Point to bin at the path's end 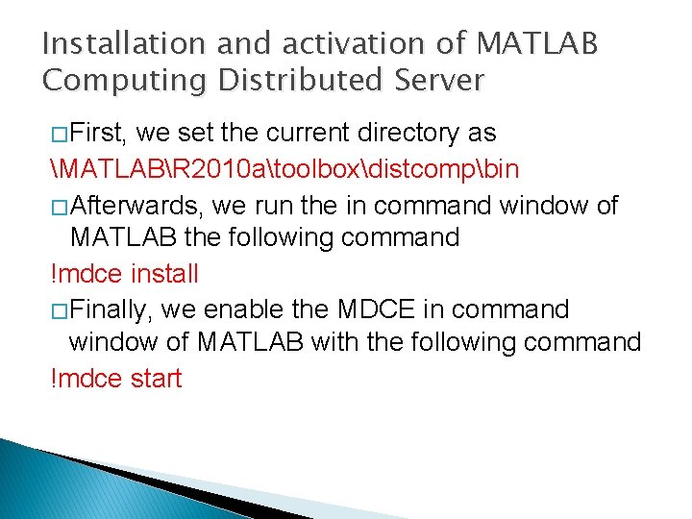[500, 170]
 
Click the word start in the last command [154, 379]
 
